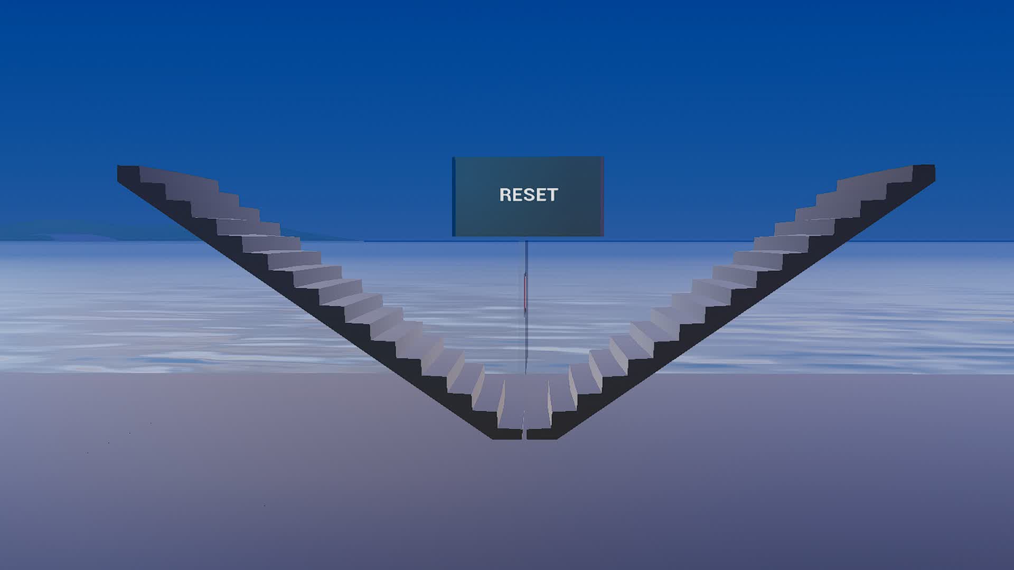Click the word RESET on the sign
[528, 195]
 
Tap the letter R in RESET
[505, 195]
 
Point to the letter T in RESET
[552, 195]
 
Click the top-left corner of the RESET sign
[454, 158]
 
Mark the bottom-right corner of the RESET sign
[603, 235]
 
